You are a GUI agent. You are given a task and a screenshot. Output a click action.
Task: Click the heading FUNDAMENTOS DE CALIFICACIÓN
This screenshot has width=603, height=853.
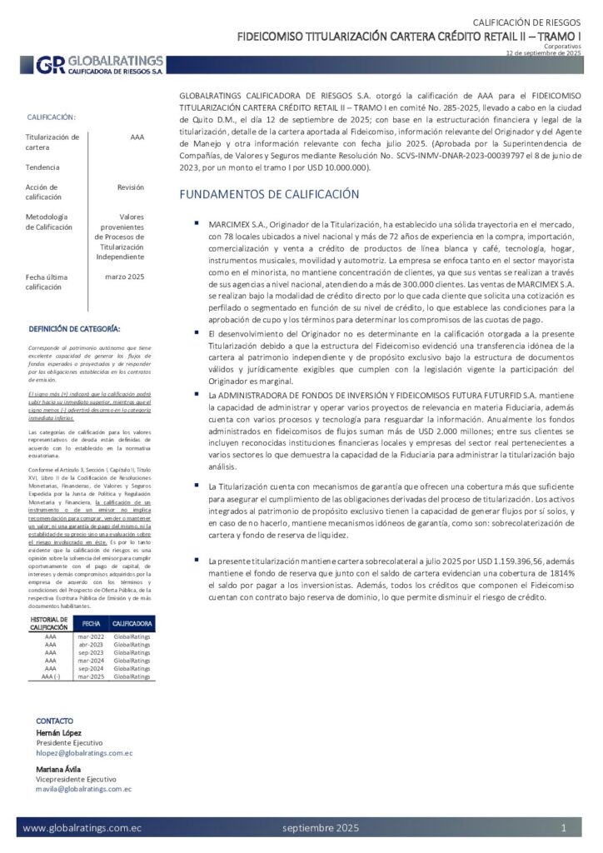pyautogui.click(x=270, y=195)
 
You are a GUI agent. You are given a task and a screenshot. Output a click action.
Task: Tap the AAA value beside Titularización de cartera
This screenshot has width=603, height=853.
pyautogui.click(x=137, y=137)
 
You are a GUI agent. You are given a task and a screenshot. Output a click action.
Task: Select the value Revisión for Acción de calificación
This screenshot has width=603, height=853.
pyautogui.click(x=131, y=187)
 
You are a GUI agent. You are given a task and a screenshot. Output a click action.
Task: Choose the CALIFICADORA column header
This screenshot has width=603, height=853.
pyautogui.click(x=132, y=623)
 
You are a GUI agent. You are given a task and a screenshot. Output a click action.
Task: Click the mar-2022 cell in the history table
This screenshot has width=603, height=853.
pyautogui.click(x=90, y=636)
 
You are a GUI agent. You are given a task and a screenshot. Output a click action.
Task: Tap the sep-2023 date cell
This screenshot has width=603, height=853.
pyautogui.click(x=90, y=652)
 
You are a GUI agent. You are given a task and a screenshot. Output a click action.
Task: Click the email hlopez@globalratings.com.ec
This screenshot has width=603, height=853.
pyautogui.click(x=84, y=753)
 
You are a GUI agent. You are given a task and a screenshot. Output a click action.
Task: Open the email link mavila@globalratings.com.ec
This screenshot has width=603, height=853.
pyautogui.click(x=84, y=788)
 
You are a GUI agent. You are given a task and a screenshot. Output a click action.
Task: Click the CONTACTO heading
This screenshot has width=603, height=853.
pyautogui.click(x=55, y=721)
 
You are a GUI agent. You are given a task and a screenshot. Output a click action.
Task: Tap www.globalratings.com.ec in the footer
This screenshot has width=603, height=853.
pyautogui.click(x=82, y=828)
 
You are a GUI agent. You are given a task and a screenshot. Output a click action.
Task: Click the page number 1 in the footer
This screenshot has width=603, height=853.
pyautogui.click(x=564, y=828)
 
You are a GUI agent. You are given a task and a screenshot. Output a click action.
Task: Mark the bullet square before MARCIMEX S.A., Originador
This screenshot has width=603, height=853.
pyautogui.click(x=197, y=224)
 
